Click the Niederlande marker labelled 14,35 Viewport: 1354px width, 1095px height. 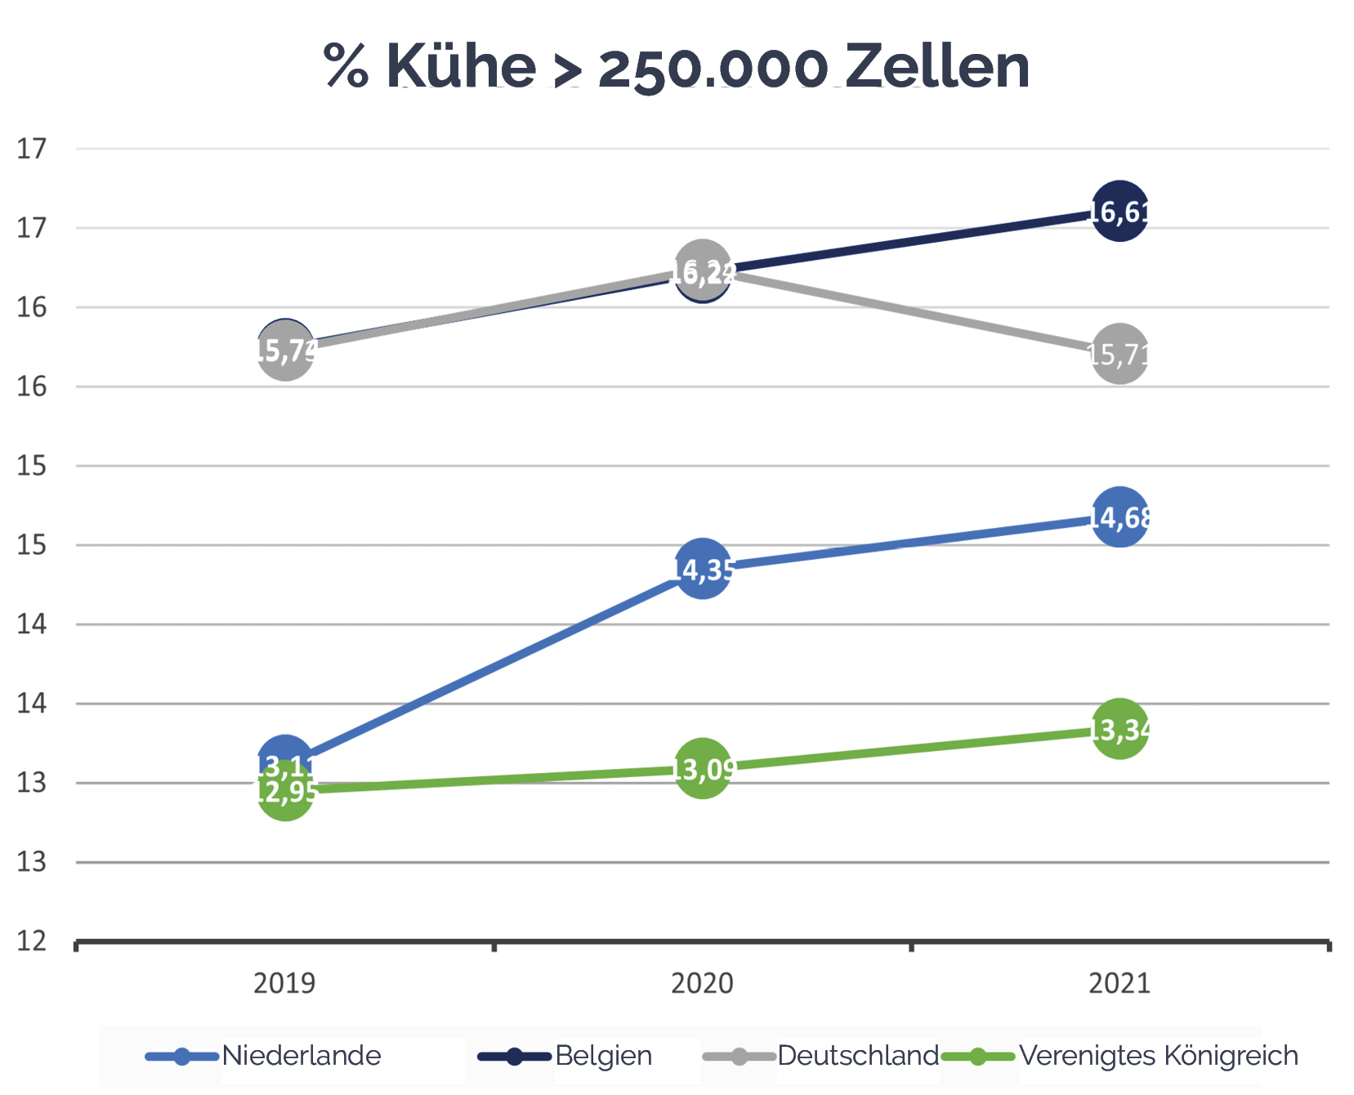(x=702, y=569)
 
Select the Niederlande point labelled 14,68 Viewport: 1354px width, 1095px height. (x=1119, y=517)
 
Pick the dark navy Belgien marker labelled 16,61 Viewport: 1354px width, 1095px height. (x=1119, y=212)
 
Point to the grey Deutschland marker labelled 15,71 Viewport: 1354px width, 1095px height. (x=1119, y=354)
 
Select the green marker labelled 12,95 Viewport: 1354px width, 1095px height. (x=285, y=791)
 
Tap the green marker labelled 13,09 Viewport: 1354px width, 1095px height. (x=702, y=768)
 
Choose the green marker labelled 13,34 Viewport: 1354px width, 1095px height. (x=1119, y=729)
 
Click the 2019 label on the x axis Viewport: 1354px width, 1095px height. (x=284, y=982)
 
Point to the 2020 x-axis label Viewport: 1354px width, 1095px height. (x=702, y=982)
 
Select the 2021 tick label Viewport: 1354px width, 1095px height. (x=1119, y=982)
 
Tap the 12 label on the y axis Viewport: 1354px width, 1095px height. (x=32, y=941)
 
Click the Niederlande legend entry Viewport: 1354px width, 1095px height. (x=301, y=1056)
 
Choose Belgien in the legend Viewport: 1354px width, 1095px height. (x=603, y=1056)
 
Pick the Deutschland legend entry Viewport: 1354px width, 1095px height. (x=857, y=1056)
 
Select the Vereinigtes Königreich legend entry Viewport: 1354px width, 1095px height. (x=1158, y=1056)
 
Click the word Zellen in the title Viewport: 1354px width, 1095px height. (x=936, y=67)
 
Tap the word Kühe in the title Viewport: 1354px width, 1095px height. (x=461, y=67)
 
